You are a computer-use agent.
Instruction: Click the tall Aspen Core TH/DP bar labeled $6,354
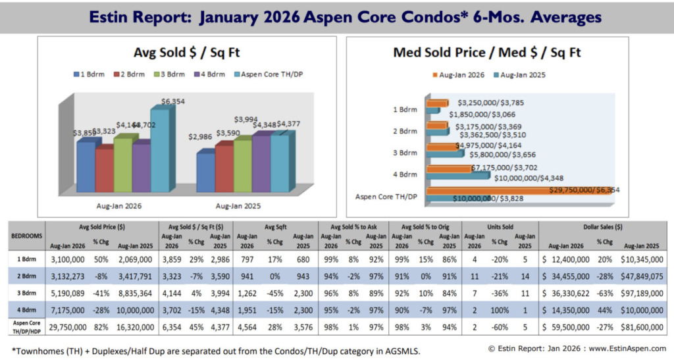click(x=162, y=151)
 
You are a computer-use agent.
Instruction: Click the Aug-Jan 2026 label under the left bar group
click(x=118, y=205)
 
